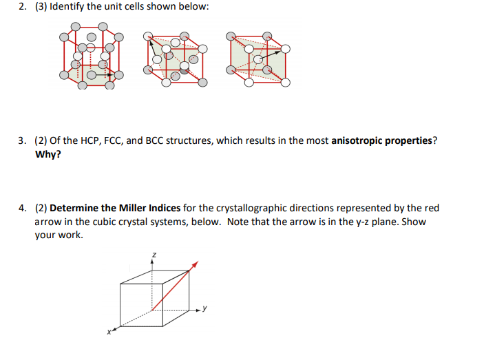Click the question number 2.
tap(21, 7)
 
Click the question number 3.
tap(21, 141)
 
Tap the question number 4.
tap(21, 208)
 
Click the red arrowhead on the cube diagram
tap(196, 264)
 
